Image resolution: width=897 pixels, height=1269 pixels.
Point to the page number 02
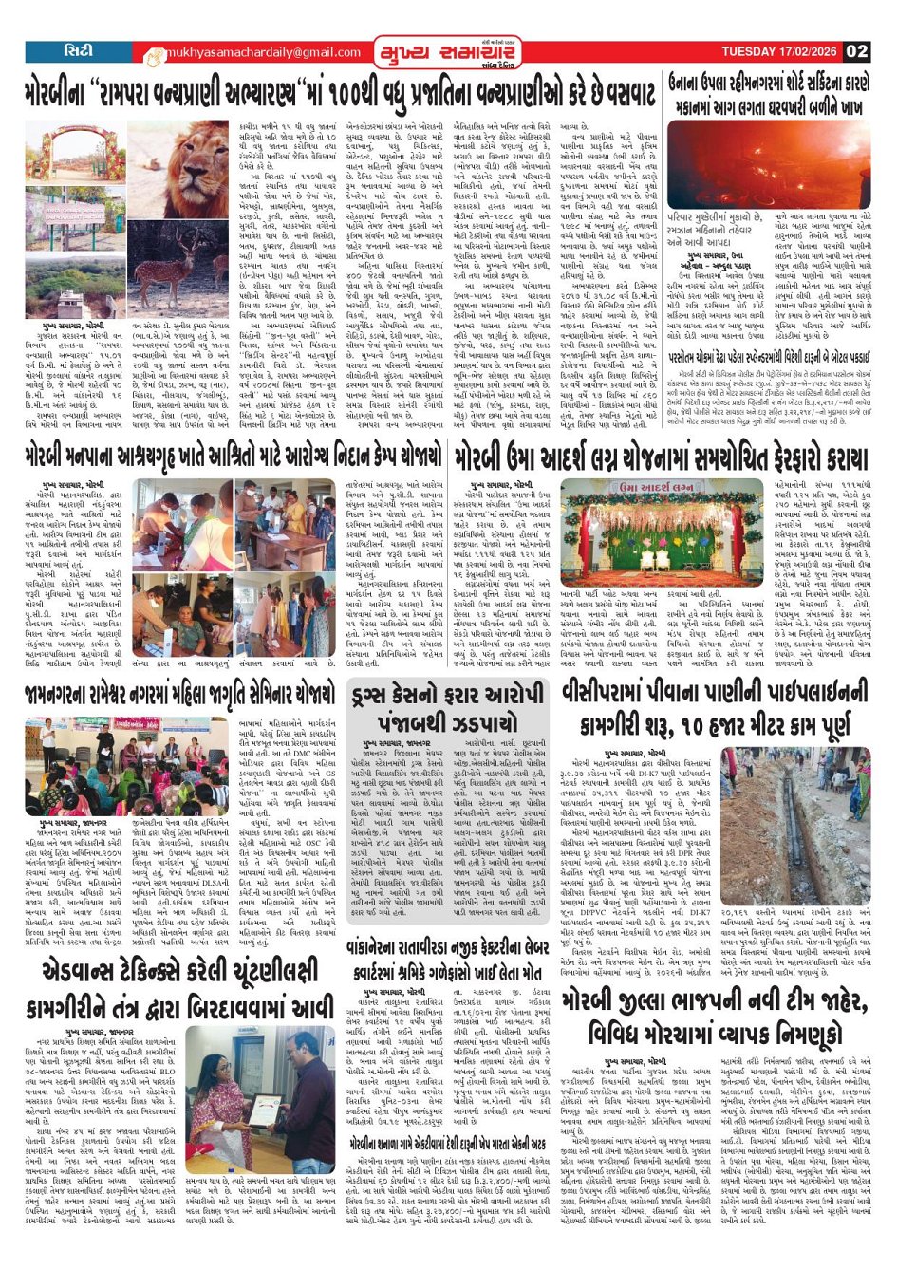coord(856,52)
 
